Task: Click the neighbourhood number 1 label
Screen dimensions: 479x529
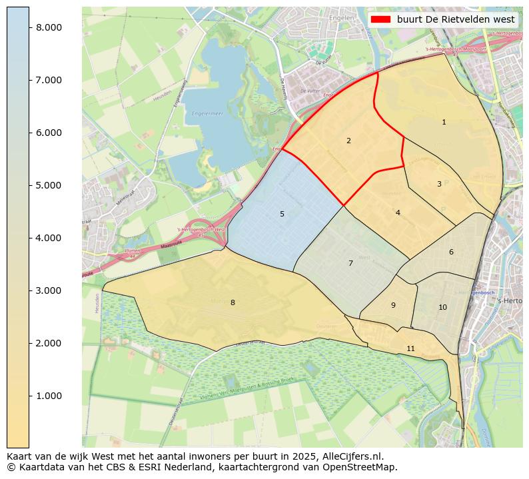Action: tap(444, 123)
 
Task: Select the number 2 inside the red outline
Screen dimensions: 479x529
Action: tap(348, 141)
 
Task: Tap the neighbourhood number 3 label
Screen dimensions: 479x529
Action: tap(439, 184)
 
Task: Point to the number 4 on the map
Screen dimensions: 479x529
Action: tap(398, 213)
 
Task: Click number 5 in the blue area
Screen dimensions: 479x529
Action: tap(282, 215)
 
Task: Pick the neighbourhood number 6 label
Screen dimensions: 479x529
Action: tap(451, 252)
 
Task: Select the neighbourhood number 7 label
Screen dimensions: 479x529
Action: tap(350, 264)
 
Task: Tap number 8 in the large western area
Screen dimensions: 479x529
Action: tap(233, 303)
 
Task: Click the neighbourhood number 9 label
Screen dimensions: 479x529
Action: tap(393, 306)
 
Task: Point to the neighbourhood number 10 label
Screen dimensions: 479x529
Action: tap(442, 308)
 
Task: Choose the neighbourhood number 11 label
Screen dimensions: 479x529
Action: tap(410, 349)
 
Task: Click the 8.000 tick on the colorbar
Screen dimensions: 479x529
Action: tap(49, 27)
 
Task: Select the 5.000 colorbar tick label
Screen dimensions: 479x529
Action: tap(49, 185)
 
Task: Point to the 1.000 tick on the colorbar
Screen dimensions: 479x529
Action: tap(49, 396)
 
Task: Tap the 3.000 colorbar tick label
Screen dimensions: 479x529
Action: tap(49, 291)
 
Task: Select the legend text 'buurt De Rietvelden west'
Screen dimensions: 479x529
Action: tap(456, 20)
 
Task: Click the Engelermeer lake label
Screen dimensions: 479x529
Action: tap(204, 114)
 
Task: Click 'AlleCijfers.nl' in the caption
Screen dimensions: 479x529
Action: tap(350, 456)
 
